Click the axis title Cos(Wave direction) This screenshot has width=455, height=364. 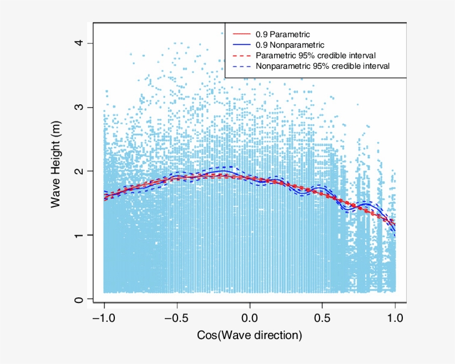click(x=250, y=336)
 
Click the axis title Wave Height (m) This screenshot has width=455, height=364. click(x=55, y=166)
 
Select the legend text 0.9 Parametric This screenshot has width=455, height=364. click(x=282, y=34)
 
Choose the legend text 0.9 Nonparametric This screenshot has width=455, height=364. click(x=290, y=45)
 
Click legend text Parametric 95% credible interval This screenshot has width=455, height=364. click(x=316, y=55)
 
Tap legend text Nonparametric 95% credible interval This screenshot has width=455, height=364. click(x=323, y=66)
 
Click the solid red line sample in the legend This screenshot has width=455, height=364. click(x=240, y=34)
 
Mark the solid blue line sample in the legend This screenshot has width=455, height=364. click(x=240, y=45)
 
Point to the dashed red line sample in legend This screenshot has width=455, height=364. click(x=240, y=55)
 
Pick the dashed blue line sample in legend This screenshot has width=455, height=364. click(x=240, y=66)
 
